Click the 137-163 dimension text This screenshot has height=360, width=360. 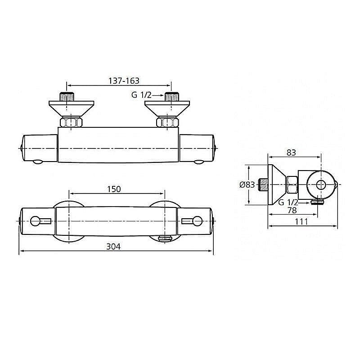pyautogui.click(x=124, y=81)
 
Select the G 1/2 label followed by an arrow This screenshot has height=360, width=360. pyautogui.click(x=141, y=95)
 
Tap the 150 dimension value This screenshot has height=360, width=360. pyautogui.click(x=114, y=189)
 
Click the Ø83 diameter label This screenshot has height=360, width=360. pyautogui.click(x=247, y=184)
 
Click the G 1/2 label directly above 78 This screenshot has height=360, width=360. pyautogui.click(x=288, y=202)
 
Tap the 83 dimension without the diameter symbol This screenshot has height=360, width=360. pyautogui.click(x=291, y=153)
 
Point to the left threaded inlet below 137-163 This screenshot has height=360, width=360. pyautogui.click(x=67, y=97)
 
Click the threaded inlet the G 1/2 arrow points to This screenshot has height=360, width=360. pyautogui.click(x=171, y=97)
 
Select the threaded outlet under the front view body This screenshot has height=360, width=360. pyautogui.click(x=166, y=239)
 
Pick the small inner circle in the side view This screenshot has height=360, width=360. pyautogui.click(x=321, y=184)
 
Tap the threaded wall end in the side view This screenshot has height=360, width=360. pyautogui.click(x=265, y=184)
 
